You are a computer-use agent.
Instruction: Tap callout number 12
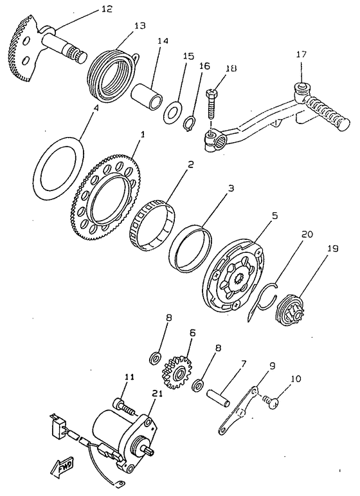coord(107,8)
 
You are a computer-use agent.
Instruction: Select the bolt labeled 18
coord(211,106)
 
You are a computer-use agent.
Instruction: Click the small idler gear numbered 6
coord(177,372)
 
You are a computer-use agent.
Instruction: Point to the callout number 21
coord(157,393)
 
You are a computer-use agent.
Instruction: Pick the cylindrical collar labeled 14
coord(147,96)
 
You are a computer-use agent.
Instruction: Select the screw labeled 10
coord(271,403)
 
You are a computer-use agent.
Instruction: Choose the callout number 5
coord(274,216)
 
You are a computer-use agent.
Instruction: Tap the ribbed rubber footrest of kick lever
coord(327,113)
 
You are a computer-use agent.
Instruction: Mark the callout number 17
coord(301,55)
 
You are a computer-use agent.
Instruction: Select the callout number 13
coord(139,25)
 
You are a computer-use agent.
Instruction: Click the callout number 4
coord(96,107)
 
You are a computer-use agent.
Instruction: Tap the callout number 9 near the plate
coord(272,365)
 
